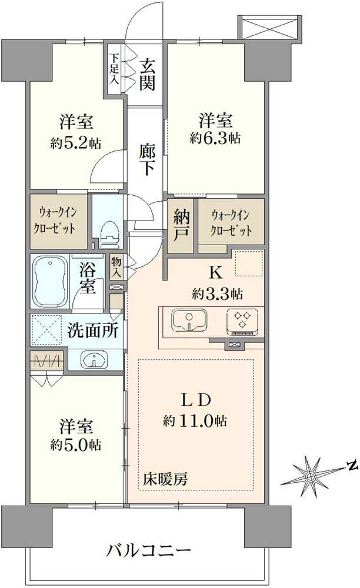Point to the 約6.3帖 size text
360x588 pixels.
[x=215, y=138]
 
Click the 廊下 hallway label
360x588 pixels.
[x=148, y=159]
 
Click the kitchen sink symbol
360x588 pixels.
[x=189, y=321]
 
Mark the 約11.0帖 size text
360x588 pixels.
[x=196, y=421]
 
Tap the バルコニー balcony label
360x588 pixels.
[x=149, y=551]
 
